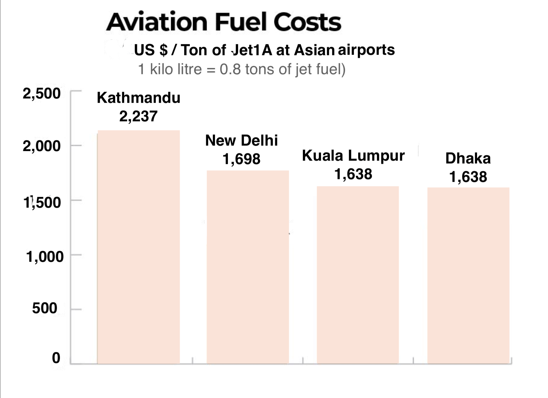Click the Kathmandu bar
tap(139, 246)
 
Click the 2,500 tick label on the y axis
tap(41, 94)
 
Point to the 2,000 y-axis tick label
tap(41, 146)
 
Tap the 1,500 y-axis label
tap(42, 202)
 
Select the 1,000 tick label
tap(45, 257)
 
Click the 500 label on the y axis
tap(45, 308)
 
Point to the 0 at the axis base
tap(56, 358)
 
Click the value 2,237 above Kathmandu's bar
tap(138, 116)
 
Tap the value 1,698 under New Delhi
tap(241, 159)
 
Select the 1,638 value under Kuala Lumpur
tap(353, 174)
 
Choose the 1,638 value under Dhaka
tap(468, 177)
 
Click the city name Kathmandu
tap(139, 98)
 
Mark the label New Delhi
tap(241, 141)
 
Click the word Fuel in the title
tap(241, 22)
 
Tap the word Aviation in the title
tap(157, 22)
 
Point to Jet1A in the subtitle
tap(252, 50)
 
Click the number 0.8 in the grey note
tap(230, 69)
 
